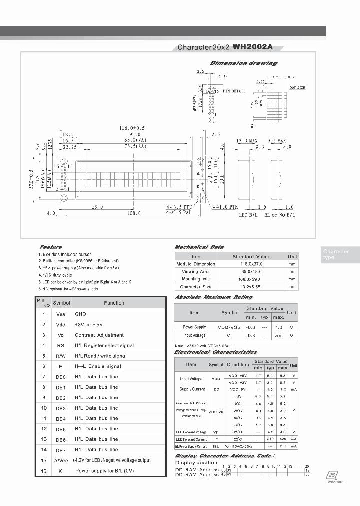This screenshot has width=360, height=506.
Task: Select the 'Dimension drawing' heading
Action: [x=243, y=63]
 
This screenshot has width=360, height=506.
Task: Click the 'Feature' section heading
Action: [x=50, y=247]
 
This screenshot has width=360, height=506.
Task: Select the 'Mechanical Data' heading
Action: [x=199, y=247]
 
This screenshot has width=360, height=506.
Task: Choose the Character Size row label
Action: [x=195, y=287]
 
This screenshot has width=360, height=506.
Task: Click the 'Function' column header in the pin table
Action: [x=114, y=303]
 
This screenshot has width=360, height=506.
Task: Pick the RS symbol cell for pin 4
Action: [x=60, y=345]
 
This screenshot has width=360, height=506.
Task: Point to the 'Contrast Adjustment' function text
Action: [x=99, y=335]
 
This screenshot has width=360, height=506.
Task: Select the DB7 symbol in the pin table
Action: [x=60, y=450]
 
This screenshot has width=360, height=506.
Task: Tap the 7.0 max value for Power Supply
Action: [x=278, y=326]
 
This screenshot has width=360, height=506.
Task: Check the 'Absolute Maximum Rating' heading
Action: [x=206, y=297]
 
